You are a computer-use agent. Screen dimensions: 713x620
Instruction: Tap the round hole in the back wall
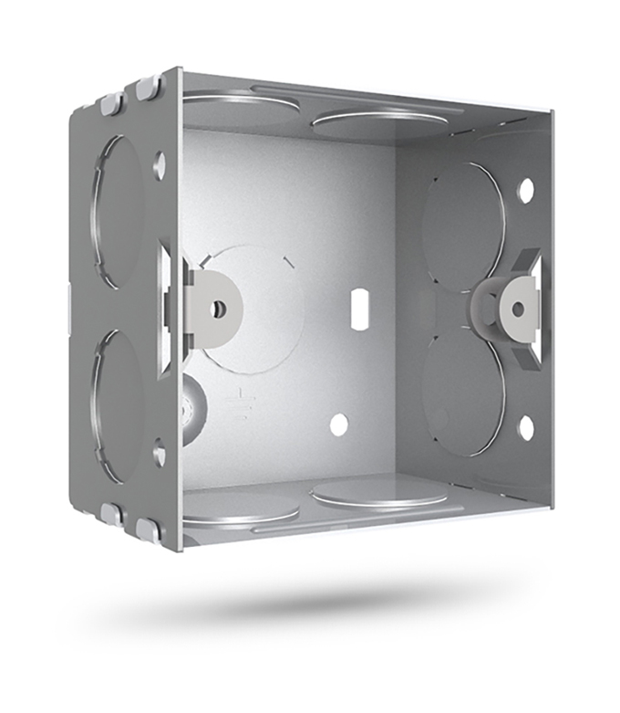coord(338,425)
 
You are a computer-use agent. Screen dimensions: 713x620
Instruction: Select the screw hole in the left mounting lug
coord(218,309)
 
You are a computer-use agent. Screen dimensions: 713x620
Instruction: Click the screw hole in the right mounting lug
coord(518,309)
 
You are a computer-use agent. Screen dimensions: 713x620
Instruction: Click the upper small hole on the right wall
coord(525,190)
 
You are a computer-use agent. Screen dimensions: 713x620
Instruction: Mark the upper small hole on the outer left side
coord(160,165)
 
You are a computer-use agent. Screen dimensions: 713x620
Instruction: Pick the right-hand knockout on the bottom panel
coord(378,495)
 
